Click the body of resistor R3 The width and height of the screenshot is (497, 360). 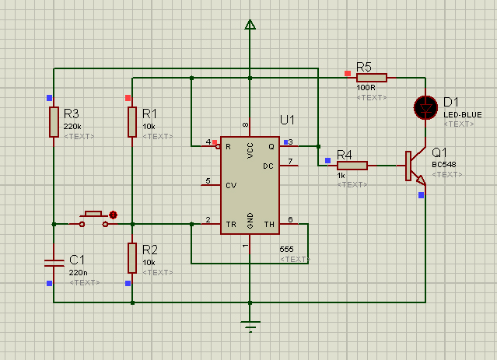point(54,122)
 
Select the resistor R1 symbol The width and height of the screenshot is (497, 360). point(132,122)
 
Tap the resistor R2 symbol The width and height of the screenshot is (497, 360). point(132,258)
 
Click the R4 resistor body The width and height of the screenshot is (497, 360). point(352,166)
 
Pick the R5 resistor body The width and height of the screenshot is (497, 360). point(372,78)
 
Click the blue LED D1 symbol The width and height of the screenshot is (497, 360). point(425,108)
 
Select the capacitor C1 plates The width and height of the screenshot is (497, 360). point(54,263)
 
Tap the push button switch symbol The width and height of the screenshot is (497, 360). point(93,219)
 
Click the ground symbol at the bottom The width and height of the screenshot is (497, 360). point(250,327)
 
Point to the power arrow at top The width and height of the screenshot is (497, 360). point(250,24)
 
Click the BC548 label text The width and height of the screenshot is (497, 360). point(444,165)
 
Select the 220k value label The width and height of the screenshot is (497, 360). point(72,127)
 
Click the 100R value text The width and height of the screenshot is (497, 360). point(366,87)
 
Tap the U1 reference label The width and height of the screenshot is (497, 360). point(287,120)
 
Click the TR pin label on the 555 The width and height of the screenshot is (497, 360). point(231,225)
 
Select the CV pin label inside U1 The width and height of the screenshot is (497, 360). point(231,185)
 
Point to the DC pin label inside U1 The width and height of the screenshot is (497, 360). point(268,166)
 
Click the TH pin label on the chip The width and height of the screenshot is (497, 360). point(269,225)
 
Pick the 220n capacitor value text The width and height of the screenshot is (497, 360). point(78,273)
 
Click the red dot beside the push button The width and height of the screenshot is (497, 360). point(113,215)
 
